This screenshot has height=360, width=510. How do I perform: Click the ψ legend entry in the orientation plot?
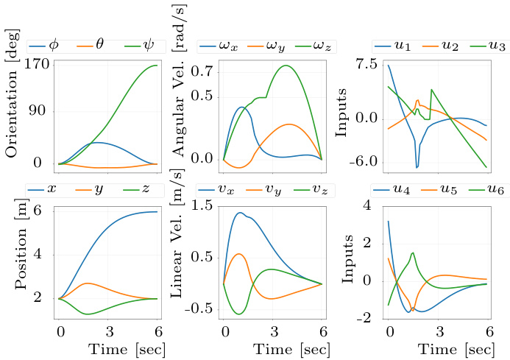[139, 46]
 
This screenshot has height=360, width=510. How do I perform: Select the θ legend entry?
[91, 45]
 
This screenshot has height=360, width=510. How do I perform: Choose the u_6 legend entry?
[488, 190]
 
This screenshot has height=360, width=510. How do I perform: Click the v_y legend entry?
[263, 190]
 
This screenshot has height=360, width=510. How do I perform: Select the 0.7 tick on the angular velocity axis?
[202, 71]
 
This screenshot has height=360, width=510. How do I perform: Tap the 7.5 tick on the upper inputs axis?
[366, 65]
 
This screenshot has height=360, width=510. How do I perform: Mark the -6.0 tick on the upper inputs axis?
[364, 162]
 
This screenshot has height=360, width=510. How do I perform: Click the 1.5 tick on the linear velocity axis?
[202, 205]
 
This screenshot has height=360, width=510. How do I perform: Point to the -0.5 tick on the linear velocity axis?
[199, 308]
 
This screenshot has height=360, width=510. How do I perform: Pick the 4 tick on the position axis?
[38, 253]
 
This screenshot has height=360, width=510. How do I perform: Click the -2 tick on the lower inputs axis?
[364, 317]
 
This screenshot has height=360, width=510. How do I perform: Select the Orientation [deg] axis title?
[12, 93]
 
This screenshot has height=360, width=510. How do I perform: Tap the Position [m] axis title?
[21, 244]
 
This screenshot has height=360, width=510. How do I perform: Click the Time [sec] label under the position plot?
[127, 350]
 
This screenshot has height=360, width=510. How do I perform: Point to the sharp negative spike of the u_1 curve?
[417, 167]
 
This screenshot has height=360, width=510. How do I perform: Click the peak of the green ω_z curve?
[286, 66]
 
